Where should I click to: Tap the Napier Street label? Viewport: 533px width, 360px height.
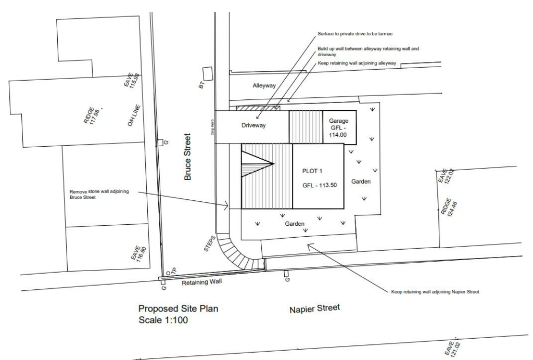tap(314, 309)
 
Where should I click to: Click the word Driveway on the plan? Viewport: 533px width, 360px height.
tap(254, 125)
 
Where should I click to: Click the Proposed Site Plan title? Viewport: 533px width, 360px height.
tap(178, 308)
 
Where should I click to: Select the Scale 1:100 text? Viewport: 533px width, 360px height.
tap(163, 320)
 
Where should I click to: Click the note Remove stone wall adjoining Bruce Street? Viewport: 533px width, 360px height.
tap(98, 194)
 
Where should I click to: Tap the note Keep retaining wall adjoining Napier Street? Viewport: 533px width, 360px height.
tap(438, 292)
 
